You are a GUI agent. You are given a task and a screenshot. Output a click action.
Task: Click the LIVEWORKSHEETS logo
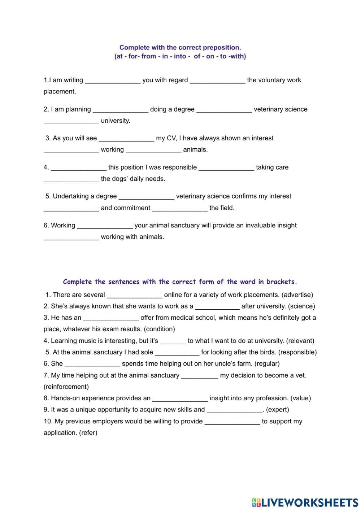305,502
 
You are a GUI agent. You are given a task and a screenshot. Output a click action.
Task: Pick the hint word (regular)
267,364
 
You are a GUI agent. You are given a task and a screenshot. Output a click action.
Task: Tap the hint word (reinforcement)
66,387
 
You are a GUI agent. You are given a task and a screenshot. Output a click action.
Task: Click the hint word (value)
301,398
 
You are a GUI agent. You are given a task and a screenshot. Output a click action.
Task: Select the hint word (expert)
278,410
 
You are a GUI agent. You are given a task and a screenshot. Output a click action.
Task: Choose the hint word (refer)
88,433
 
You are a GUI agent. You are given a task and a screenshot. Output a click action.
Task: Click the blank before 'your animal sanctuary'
105,226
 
